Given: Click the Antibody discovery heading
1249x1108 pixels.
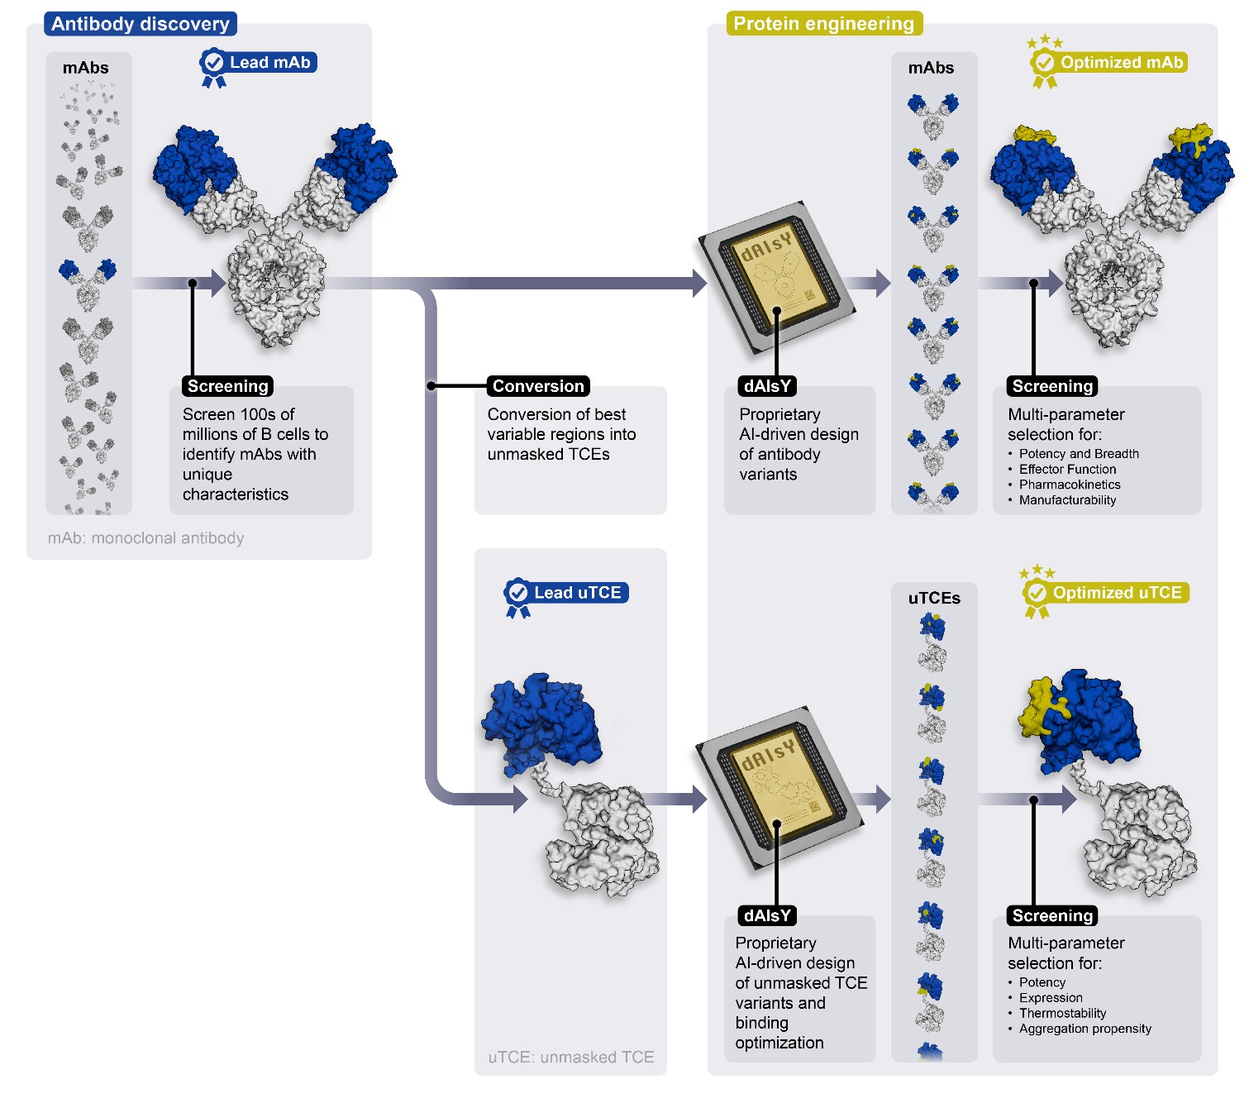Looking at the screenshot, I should (140, 24).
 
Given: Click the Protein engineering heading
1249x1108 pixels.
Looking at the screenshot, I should (823, 24).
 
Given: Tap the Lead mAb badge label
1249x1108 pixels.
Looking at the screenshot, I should (269, 63).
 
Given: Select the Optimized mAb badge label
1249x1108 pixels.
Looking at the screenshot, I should (1121, 63).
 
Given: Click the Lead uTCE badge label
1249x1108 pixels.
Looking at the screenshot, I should (577, 593).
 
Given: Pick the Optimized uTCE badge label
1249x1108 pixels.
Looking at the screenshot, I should (1116, 593).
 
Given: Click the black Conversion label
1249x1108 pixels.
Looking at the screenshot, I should (538, 386).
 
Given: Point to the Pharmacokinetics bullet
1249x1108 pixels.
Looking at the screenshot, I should (1070, 485).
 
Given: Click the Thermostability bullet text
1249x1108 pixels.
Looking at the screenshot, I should (1062, 1013).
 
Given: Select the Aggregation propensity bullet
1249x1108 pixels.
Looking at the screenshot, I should (1085, 1029).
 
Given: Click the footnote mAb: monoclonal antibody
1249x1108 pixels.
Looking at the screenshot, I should (146, 538).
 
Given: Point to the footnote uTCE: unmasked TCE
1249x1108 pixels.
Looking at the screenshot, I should (571, 1057).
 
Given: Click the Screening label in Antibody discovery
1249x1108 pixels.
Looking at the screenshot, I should (227, 386).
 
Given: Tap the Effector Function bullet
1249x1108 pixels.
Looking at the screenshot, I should (1067, 469).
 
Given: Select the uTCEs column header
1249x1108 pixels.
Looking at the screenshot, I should (934, 598).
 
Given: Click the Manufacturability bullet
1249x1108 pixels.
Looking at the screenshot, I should (1067, 500).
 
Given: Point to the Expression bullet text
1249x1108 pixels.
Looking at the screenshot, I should (1051, 998).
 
